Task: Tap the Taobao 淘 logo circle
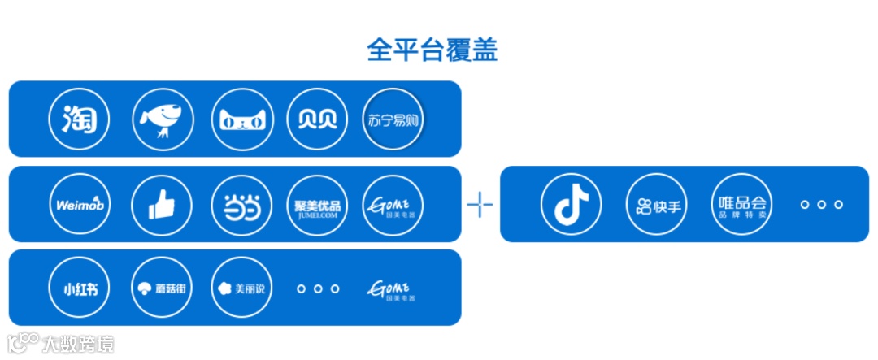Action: (79, 119)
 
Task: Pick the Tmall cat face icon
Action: (240, 120)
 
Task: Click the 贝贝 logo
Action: (314, 119)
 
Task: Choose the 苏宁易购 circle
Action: (393, 119)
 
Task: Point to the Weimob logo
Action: (79, 205)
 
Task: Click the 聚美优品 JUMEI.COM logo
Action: (314, 205)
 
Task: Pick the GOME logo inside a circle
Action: (393, 205)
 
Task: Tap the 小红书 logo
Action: (79, 288)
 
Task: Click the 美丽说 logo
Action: (241, 288)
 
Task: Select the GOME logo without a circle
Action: (393, 288)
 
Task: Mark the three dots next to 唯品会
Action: (820, 204)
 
